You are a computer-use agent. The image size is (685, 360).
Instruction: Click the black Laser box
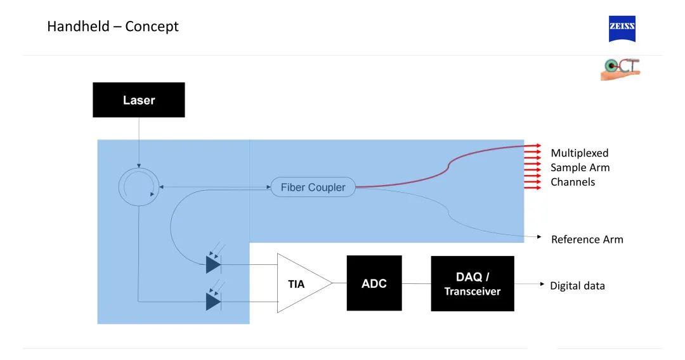click(x=138, y=100)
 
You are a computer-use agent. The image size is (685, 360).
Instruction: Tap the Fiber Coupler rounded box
click(x=313, y=187)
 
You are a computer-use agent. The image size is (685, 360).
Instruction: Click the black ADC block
click(x=374, y=283)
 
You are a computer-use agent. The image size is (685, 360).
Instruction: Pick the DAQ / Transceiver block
click(x=472, y=283)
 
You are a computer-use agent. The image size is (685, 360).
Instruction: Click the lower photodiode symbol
click(x=213, y=301)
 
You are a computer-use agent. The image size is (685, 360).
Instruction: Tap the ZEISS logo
click(x=622, y=29)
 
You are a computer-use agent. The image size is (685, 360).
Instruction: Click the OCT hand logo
click(x=620, y=69)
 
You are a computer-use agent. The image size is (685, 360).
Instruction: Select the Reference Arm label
click(x=587, y=240)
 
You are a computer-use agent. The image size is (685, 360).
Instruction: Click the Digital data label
click(x=577, y=286)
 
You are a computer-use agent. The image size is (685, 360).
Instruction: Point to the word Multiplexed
click(x=579, y=153)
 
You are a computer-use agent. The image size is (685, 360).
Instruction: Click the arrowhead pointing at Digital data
click(x=542, y=285)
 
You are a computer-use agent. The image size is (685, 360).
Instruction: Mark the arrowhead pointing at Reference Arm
click(x=539, y=237)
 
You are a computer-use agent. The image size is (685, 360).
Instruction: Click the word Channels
click(x=573, y=182)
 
